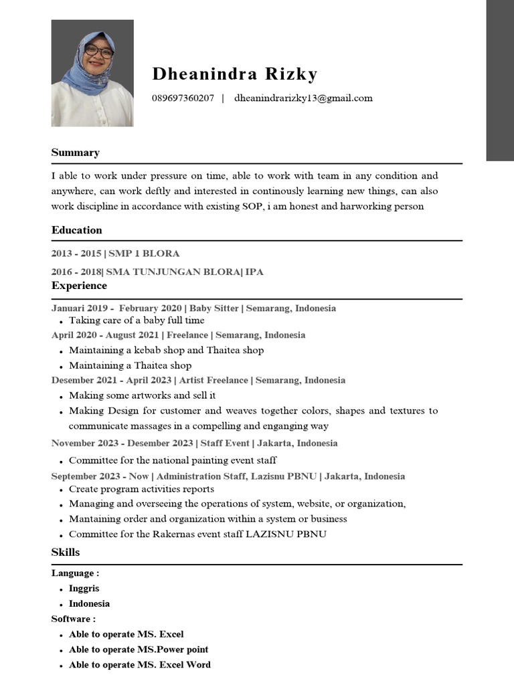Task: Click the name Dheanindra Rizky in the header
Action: pyautogui.click(x=235, y=74)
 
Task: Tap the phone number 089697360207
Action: pyautogui.click(x=183, y=98)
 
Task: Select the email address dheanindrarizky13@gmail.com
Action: pyautogui.click(x=303, y=98)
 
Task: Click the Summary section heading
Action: pyautogui.click(x=75, y=153)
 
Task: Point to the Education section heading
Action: pyautogui.click(x=76, y=230)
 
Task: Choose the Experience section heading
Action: pyautogui.click(x=79, y=286)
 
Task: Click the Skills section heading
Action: pyautogui.click(x=66, y=552)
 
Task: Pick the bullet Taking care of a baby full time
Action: pyautogui.click(x=137, y=320)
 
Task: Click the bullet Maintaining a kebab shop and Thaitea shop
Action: pyautogui.click(x=166, y=350)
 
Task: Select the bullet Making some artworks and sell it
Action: pyautogui.click(x=142, y=395)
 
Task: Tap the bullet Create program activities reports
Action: pyautogui.click(x=141, y=489)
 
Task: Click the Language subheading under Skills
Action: pyautogui.click(x=75, y=573)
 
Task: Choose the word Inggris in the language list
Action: pyautogui.click(x=85, y=589)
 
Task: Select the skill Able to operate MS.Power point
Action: pyautogui.click(x=139, y=650)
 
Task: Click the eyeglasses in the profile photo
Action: pyautogui.click(x=99, y=51)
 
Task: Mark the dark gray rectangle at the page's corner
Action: pyautogui.click(x=499, y=80)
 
